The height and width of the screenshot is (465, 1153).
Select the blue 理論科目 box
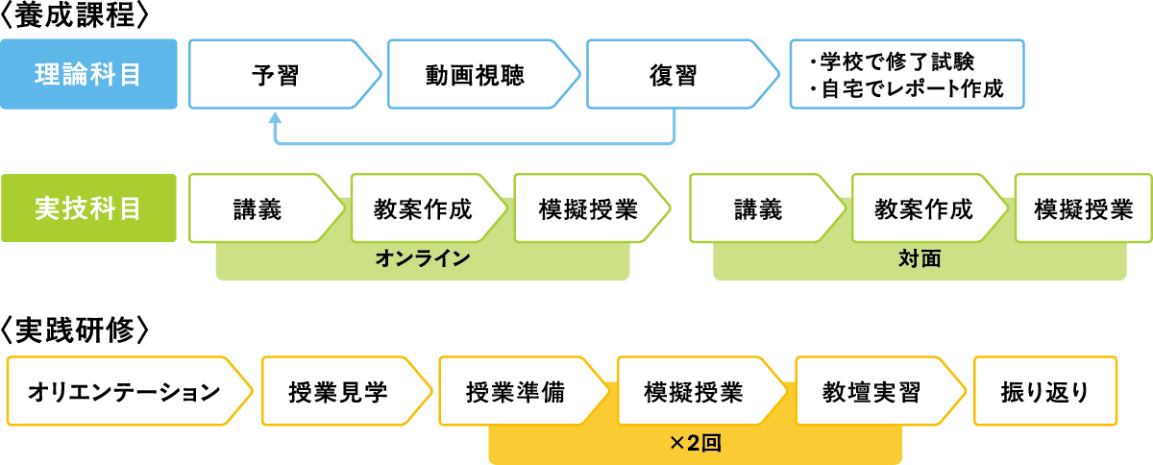[x=87, y=74]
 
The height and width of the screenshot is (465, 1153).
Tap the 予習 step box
[x=275, y=75]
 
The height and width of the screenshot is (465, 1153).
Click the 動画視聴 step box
[x=475, y=75]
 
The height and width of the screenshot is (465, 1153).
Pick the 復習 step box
[x=673, y=75]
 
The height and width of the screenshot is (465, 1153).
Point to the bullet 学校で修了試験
[x=893, y=61]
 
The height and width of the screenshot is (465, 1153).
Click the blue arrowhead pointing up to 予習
[x=275, y=119]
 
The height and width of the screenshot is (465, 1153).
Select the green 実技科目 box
[x=87, y=208]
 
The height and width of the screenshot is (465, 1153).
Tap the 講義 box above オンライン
[x=258, y=208]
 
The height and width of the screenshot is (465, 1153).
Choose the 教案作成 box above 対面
[x=924, y=208]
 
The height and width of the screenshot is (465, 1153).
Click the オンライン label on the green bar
[x=423, y=259]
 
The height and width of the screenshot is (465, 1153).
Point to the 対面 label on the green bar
[x=920, y=259]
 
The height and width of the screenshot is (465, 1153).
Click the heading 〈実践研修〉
[x=74, y=330]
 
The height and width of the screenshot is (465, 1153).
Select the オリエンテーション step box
[x=124, y=392]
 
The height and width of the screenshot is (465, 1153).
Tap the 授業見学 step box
[x=337, y=392]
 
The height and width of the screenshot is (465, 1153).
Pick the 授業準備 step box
[x=515, y=392]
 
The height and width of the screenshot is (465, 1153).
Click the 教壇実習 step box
[x=871, y=392]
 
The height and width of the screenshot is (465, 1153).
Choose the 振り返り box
[x=1045, y=392]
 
